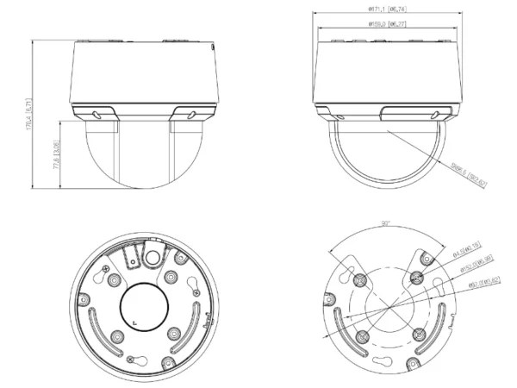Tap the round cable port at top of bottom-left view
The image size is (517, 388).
(x=152, y=257)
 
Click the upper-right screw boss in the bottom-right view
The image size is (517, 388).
(x=415, y=276)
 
